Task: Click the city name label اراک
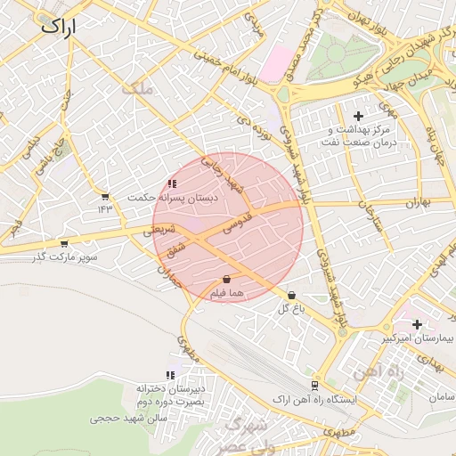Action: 59,28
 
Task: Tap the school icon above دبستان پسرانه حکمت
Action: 172,184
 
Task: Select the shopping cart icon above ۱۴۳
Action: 106,196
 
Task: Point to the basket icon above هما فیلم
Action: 226,279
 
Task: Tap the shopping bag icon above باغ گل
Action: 292,296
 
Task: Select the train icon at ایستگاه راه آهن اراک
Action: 313,385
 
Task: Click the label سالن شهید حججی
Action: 123,416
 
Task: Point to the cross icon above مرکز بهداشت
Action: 359,116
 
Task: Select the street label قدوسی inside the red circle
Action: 239,222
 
